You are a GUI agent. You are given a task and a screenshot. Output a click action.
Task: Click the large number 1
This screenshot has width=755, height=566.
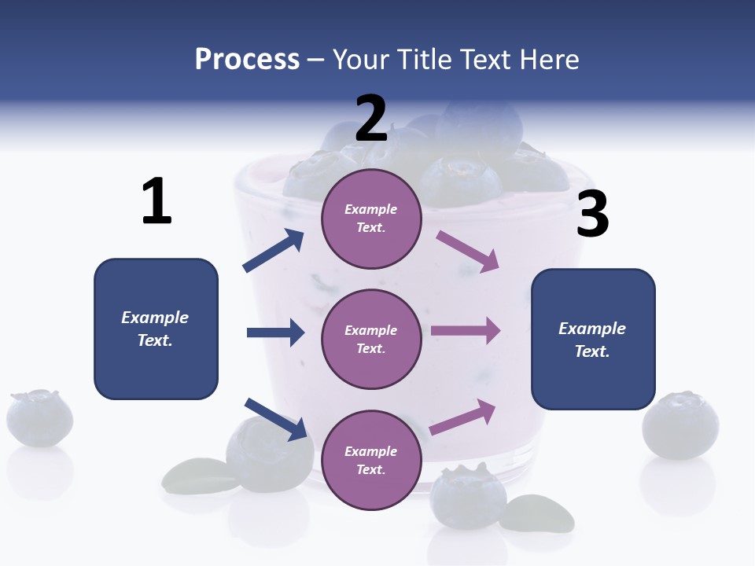pos(157,202)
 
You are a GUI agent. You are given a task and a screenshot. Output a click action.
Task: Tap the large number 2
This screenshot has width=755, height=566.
pos(371,119)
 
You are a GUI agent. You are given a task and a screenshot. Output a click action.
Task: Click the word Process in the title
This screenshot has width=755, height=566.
pos(247,59)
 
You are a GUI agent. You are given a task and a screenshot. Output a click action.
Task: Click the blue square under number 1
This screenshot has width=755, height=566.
pos(156,329)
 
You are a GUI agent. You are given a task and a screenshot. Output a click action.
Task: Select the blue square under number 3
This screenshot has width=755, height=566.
pos(593,340)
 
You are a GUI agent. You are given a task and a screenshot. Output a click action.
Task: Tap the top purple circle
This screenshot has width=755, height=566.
pos(371,219)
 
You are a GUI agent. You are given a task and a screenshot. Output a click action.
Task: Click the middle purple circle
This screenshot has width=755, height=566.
pos(371,340)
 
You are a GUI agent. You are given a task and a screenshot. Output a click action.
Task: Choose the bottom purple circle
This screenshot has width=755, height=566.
pos(371,461)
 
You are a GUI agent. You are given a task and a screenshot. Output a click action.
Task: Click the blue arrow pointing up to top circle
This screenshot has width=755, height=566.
pos(274,251)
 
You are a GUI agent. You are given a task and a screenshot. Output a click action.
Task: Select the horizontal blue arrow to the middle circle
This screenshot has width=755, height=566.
pos(275,333)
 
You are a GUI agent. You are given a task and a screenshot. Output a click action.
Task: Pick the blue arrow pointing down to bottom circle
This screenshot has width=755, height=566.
pos(276,418)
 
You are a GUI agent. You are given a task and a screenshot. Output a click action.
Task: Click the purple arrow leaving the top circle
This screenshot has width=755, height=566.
pos(468,251)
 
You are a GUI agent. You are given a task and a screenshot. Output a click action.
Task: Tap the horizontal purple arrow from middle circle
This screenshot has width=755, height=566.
pos(466,331)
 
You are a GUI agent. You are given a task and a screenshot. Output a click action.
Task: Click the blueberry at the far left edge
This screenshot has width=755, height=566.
pos(39,417)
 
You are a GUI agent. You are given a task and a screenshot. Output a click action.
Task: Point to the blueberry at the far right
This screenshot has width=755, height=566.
pos(680,424)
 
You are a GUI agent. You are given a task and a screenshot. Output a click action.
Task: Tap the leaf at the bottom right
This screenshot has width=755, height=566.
pos(537,512)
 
